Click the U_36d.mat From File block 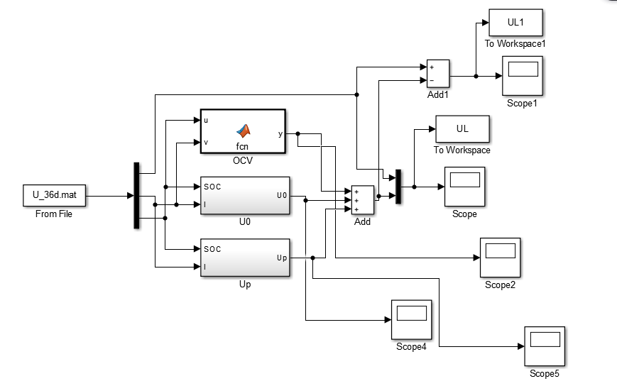point(53,196)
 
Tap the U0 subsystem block point(245,195)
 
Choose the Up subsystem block point(245,258)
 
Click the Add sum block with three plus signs point(363,200)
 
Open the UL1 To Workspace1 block point(515,23)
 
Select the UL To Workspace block point(462,129)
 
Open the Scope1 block point(523,75)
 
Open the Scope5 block point(544,346)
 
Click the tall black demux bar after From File point(136,196)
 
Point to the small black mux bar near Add point(398,187)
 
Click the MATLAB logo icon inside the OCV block point(244,131)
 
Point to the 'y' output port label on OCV point(280,133)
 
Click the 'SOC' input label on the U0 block point(212,187)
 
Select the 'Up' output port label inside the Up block point(281,258)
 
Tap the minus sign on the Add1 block point(432,80)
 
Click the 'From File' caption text point(53,214)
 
